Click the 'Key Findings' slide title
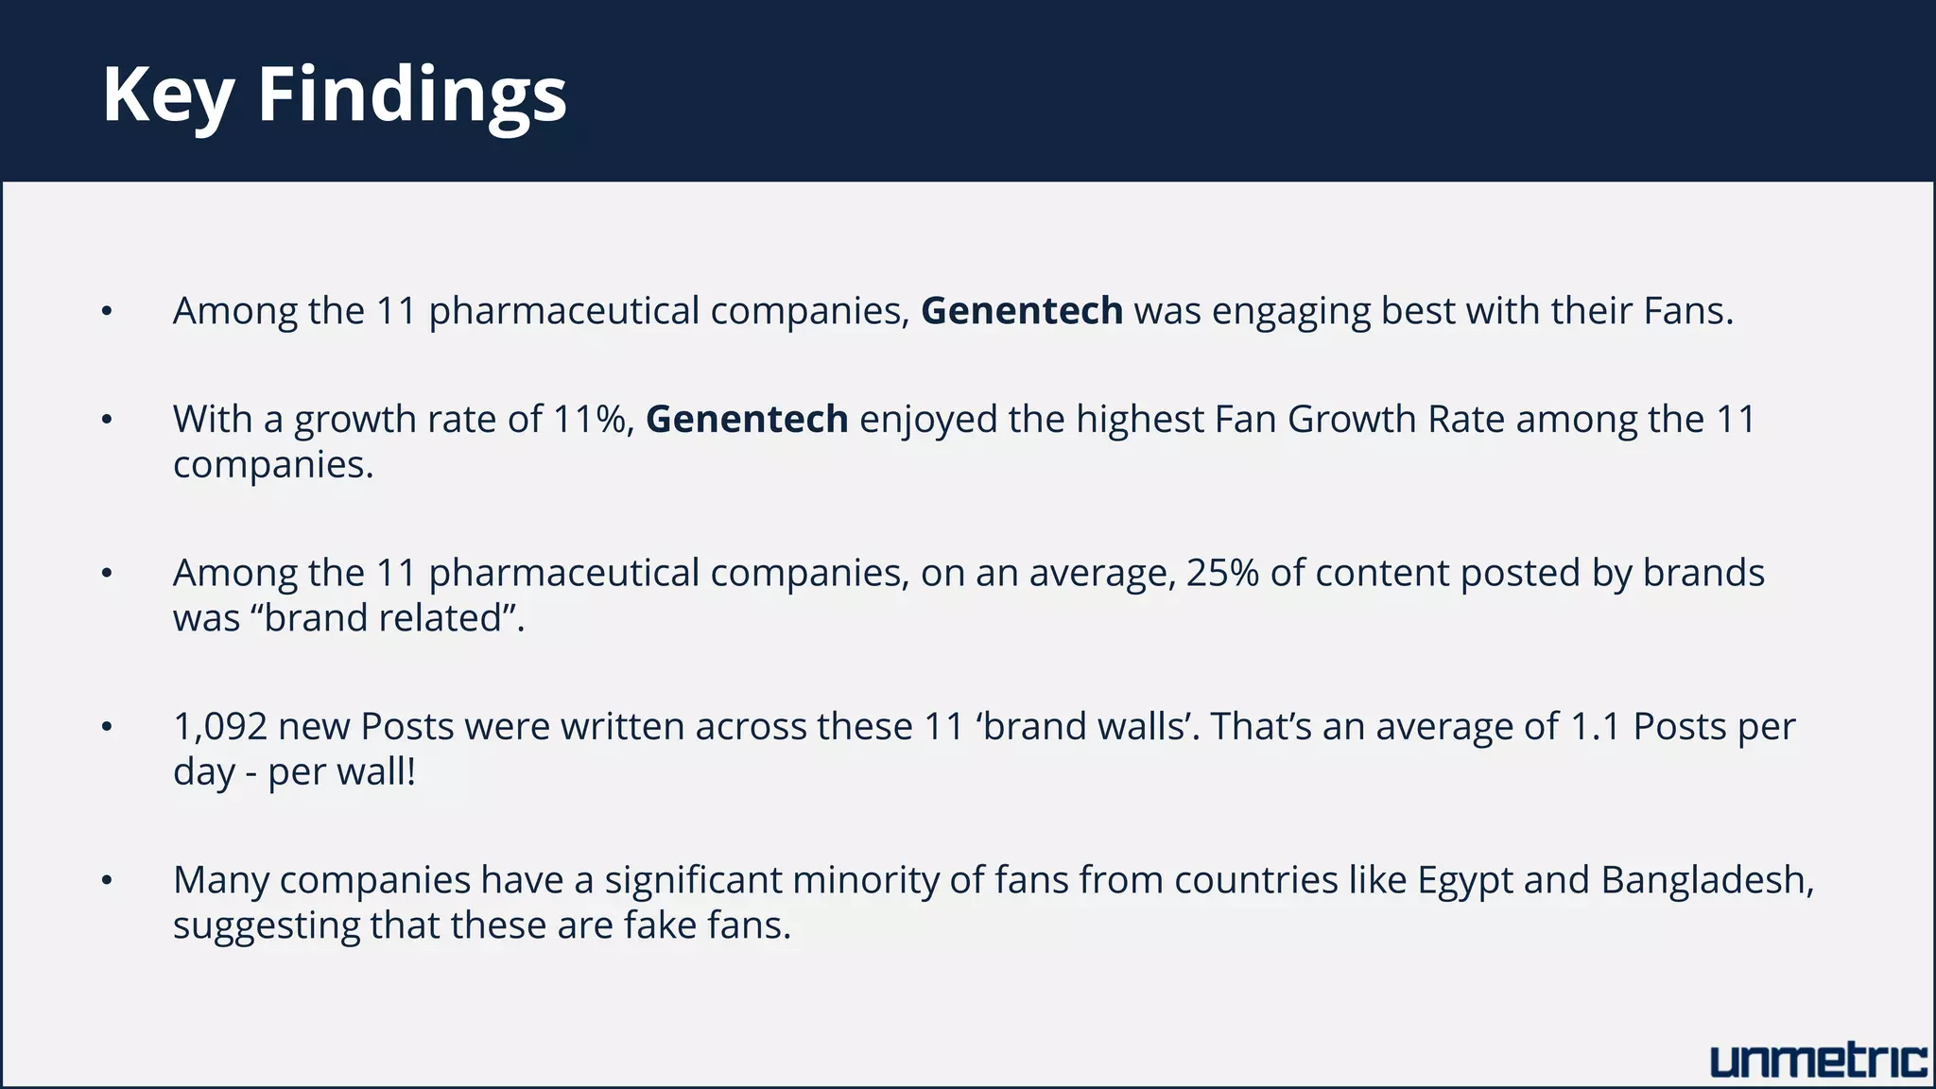coord(335,95)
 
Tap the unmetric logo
coord(1818,1062)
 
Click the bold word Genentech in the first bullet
coord(1022,311)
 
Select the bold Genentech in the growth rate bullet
coord(747,419)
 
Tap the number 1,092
coord(219,727)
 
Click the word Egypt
coord(1464,881)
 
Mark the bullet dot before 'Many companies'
coord(107,881)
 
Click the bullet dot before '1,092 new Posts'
coord(107,727)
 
